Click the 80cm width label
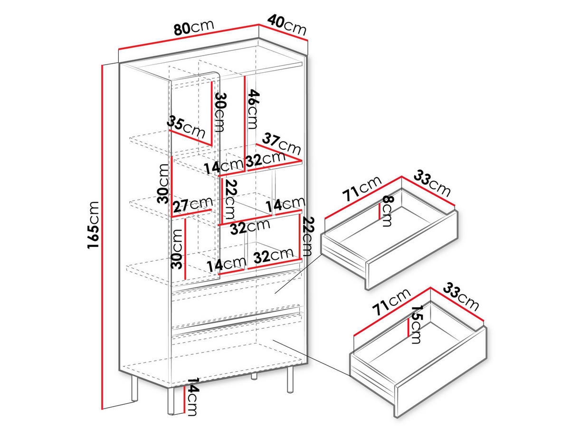pos(194,28)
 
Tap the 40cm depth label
pos(287,25)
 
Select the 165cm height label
pos(93,225)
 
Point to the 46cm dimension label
pos(253,109)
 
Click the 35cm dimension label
pos(186,127)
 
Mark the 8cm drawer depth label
pos(388,211)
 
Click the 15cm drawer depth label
pos(417,324)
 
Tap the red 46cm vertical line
pos(245,124)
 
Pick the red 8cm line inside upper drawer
pos(380,211)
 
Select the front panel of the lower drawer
pos(441,375)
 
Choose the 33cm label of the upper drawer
pos(432,183)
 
